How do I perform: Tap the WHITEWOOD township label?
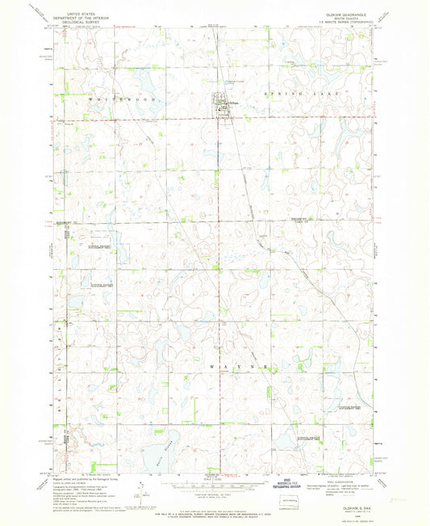coord(88,98)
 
